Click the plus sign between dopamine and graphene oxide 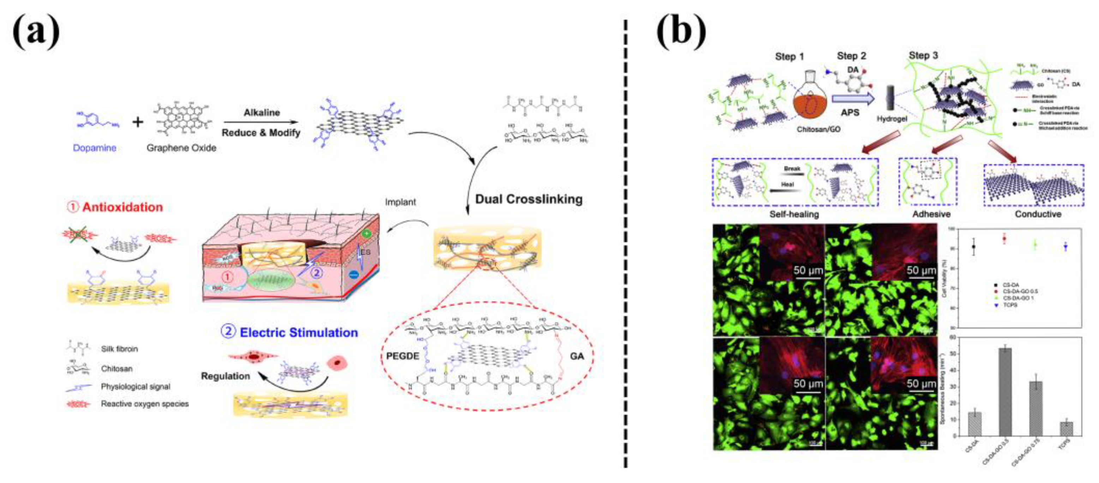pos(137,122)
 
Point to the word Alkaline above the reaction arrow pos(262,113)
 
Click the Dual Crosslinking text pos(529,199)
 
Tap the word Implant pos(400,202)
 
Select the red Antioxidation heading pos(122,207)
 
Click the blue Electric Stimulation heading pos(298,332)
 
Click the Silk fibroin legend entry pos(119,349)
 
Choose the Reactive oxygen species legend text pos(145,404)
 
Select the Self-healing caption pos(794,214)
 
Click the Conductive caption pos(1038,214)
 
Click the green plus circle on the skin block pos(366,234)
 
